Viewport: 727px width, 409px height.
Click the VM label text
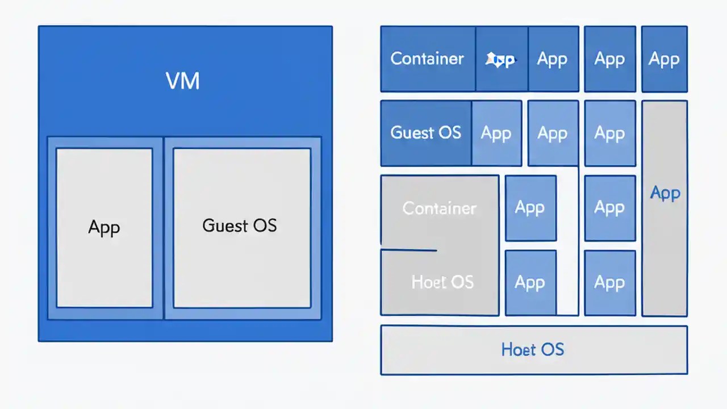(x=183, y=81)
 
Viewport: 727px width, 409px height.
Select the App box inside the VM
(x=105, y=227)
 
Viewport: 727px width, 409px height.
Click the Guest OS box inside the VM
(x=242, y=227)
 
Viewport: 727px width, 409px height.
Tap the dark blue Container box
(x=428, y=59)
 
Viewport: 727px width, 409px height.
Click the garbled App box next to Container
(x=502, y=59)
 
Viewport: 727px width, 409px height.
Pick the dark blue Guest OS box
(x=426, y=133)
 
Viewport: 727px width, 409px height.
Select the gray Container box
(x=440, y=210)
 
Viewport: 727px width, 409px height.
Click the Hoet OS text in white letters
(x=442, y=282)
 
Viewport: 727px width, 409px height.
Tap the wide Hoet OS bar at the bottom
(x=533, y=349)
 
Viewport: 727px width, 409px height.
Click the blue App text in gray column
(x=665, y=193)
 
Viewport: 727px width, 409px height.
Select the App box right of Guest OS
(x=496, y=133)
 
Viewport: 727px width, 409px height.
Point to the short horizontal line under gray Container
(x=409, y=250)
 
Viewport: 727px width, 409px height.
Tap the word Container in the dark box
(x=427, y=59)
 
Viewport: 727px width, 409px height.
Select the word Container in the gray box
(x=440, y=208)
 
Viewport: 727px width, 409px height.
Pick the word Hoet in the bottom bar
(x=519, y=349)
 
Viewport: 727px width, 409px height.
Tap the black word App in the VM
(x=105, y=227)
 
